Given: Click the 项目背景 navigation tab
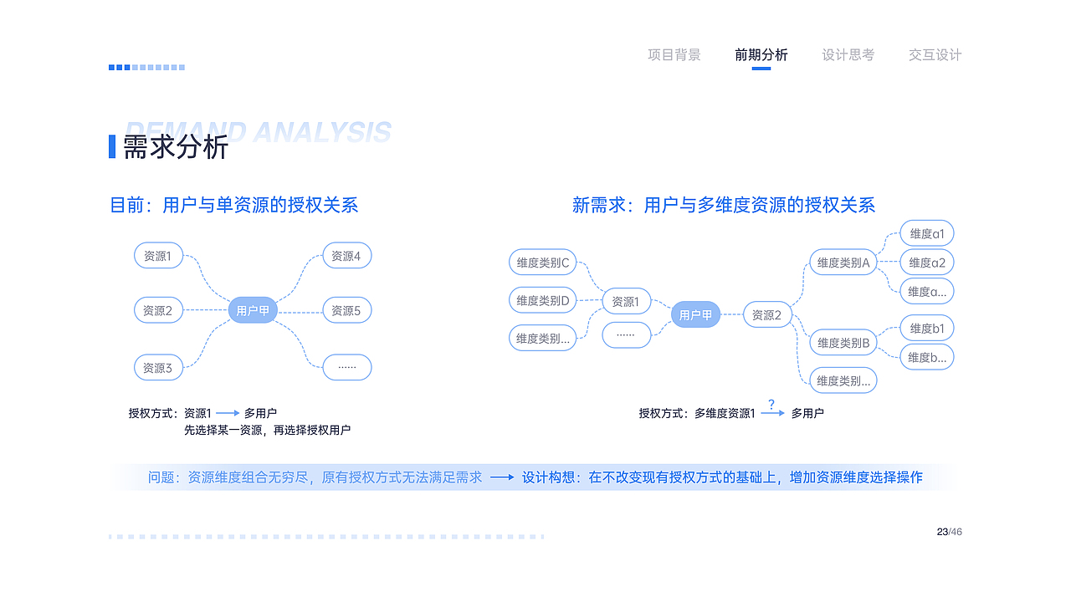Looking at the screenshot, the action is click(x=674, y=55).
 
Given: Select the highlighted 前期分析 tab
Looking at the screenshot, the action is click(x=761, y=55).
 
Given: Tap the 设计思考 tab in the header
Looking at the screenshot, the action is click(x=848, y=55).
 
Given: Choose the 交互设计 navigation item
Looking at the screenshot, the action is click(x=935, y=55).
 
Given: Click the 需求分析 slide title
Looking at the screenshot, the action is click(x=176, y=146).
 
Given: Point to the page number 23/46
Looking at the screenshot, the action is click(x=950, y=532).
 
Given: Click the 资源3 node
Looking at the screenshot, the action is click(x=158, y=367).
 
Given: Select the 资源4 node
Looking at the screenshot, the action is click(x=347, y=256).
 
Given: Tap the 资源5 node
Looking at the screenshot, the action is click(x=347, y=310).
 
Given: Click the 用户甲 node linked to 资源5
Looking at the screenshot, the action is click(x=253, y=310).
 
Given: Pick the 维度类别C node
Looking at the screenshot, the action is click(x=543, y=263).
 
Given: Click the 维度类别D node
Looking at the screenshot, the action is click(x=543, y=300).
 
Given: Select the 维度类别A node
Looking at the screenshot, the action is click(x=843, y=263).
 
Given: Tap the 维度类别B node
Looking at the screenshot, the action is click(x=843, y=343).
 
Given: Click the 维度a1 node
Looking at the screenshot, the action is click(x=927, y=233).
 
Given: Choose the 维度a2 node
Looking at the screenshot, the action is click(x=927, y=263).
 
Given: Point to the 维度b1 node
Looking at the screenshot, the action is click(x=927, y=329).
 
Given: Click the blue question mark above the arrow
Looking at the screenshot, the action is click(x=771, y=404).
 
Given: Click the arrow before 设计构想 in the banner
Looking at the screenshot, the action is click(x=502, y=477).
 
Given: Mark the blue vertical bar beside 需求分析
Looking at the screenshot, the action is click(x=112, y=146).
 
